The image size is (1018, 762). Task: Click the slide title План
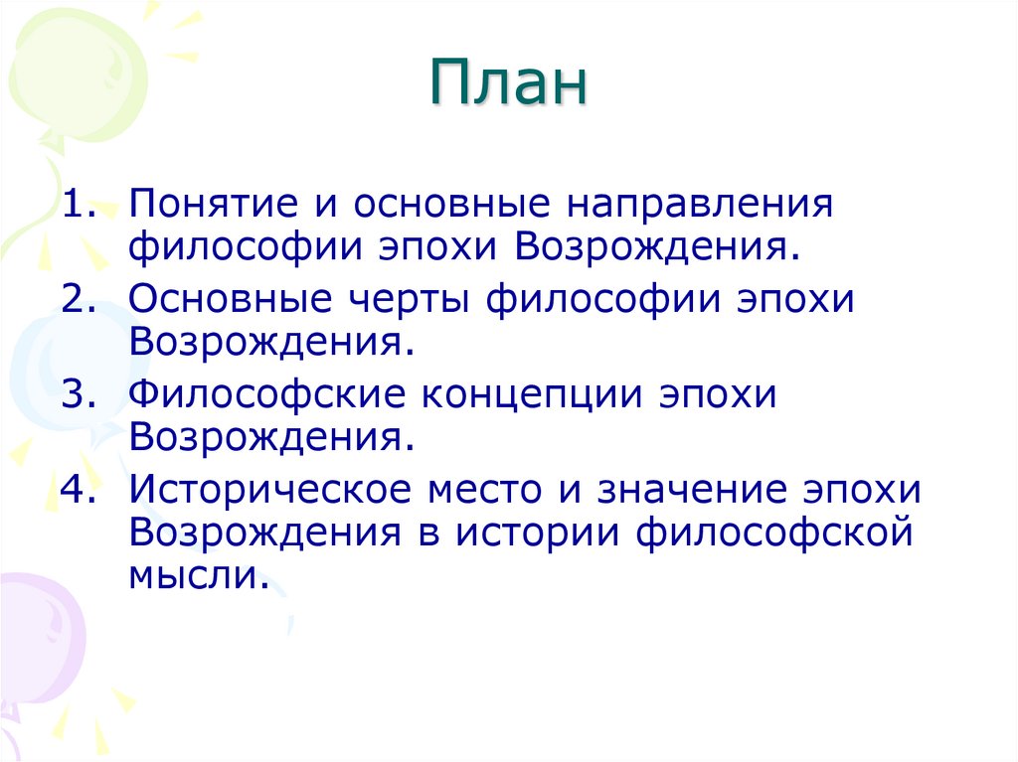click(x=509, y=84)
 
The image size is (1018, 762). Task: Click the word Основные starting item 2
click(x=218, y=300)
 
